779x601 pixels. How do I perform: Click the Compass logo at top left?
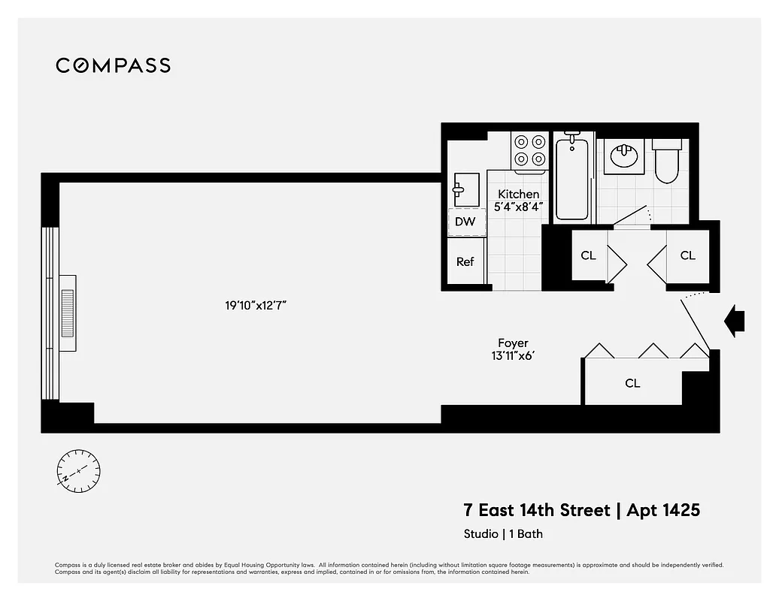[x=113, y=65]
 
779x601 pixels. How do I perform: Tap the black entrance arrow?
[x=734, y=321]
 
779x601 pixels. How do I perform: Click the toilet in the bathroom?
[x=666, y=161]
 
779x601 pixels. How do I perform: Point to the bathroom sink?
[x=624, y=156]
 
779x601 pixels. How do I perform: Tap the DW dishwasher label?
[x=465, y=222]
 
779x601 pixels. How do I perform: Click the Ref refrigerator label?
[x=465, y=262]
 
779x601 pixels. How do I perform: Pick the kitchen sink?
[x=466, y=188]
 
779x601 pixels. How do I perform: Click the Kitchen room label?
[x=518, y=194]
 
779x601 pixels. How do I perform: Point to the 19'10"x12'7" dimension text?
[x=256, y=306]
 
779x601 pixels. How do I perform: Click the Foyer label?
[x=513, y=343]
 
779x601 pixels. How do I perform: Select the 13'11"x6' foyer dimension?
[x=513, y=356]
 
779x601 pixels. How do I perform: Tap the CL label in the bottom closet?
[x=632, y=383]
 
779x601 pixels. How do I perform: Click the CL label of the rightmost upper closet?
[x=687, y=255]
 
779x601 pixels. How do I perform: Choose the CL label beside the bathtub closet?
[x=588, y=255]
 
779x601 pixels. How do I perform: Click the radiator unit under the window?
[x=68, y=313]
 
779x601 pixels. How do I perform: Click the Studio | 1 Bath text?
[x=502, y=534]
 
